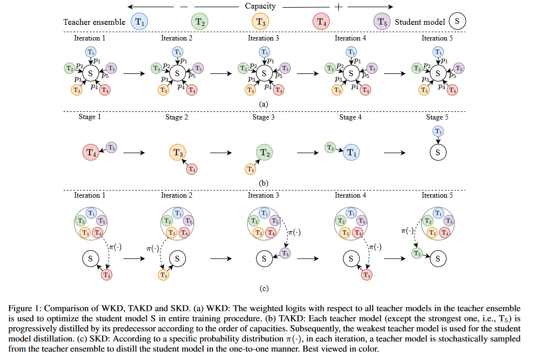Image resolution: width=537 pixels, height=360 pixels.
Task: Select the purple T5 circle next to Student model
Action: coord(382,22)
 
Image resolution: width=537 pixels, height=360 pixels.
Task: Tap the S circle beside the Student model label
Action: coord(456,21)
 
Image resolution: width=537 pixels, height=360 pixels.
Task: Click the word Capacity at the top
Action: coord(260,6)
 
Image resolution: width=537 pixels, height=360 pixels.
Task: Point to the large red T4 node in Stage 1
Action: coord(91,153)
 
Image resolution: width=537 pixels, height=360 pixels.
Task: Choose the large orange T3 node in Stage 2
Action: coord(178,153)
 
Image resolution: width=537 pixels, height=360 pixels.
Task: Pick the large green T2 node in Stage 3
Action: coord(264,153)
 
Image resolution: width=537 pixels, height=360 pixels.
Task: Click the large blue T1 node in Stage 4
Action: coord(351,153)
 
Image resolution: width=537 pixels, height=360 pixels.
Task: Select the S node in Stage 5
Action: coord(438,153)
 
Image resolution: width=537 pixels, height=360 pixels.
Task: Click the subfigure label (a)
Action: coord(263,103)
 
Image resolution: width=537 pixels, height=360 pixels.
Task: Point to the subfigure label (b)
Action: coord(263,182)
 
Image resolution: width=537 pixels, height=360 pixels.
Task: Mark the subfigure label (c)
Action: coord(263,288)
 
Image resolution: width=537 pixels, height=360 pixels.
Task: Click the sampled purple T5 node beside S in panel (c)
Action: coord(285,253)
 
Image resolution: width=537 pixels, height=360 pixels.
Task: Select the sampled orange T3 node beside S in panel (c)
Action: coord(163,275)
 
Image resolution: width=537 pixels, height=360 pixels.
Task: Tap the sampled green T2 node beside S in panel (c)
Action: coord(416,253)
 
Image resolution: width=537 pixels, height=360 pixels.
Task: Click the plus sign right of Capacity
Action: coord(339,7)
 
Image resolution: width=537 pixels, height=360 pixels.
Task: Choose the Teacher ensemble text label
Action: coord(94,22)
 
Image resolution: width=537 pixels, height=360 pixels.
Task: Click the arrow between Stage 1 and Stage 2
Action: coord(135,153)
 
